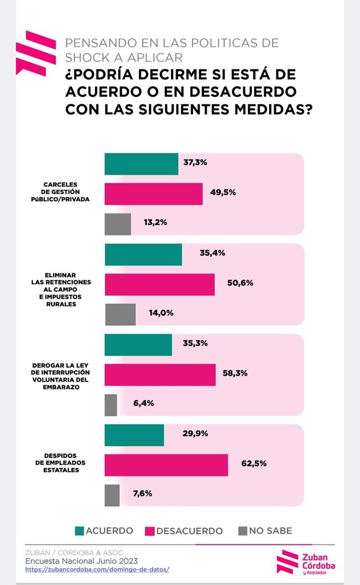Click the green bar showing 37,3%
click(141, 164)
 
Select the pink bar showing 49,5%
click(153, 193)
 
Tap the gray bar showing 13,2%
click(118, 224)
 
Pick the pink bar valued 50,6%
click(159, 284)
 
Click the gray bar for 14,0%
click(120, 314)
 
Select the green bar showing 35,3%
click(138, 344)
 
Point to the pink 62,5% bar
click(166, 465)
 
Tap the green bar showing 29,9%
click(134, 435)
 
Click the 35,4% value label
click(212, 253)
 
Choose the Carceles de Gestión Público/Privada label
click(62, 192)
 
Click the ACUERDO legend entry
click(104, 531)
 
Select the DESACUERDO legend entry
click(183, 531)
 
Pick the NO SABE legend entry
click(265, 531)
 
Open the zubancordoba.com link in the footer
click(97, 569)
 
